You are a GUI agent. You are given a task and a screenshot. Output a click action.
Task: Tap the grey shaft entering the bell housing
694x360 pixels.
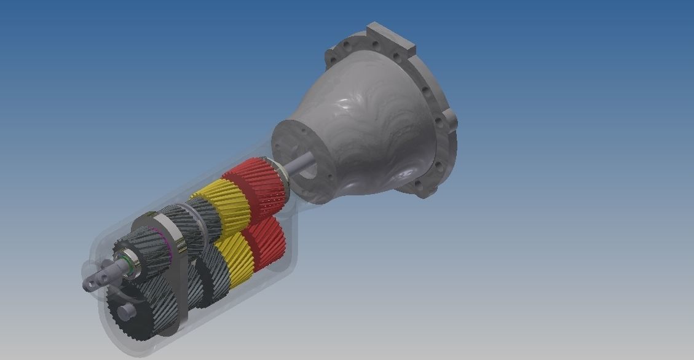click(302, 164)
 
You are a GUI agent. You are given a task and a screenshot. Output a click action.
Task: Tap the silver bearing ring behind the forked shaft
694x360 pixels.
click(130, 261)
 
